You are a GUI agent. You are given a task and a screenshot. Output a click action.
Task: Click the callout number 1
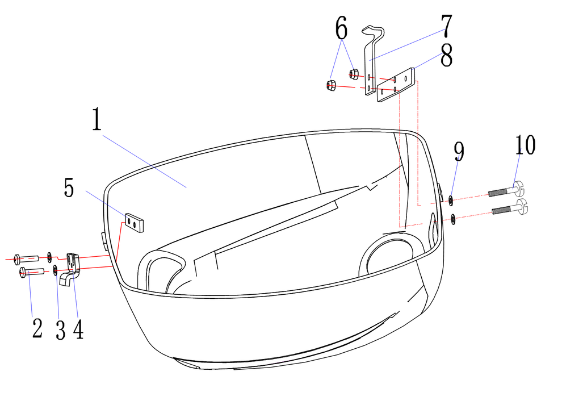(x=97, y=119)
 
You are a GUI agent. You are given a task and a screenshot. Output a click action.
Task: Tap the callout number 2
(x=37, y=328)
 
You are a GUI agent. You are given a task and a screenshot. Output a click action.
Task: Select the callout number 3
(x=61, y=330)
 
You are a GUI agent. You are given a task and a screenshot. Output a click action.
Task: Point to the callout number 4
(x=78, y=329)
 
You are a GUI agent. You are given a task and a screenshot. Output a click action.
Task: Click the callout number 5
(x=69, y=187)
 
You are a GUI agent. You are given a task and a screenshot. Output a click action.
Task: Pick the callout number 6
(x=342, y=28)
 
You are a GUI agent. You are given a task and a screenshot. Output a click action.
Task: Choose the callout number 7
(x=447, y=26)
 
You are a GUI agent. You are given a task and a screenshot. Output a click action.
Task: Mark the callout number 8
(x=447, y=55)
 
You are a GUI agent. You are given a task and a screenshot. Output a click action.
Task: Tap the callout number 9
(x=459, y=152)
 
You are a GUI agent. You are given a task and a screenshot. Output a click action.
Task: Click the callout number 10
(x=526, y=145)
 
